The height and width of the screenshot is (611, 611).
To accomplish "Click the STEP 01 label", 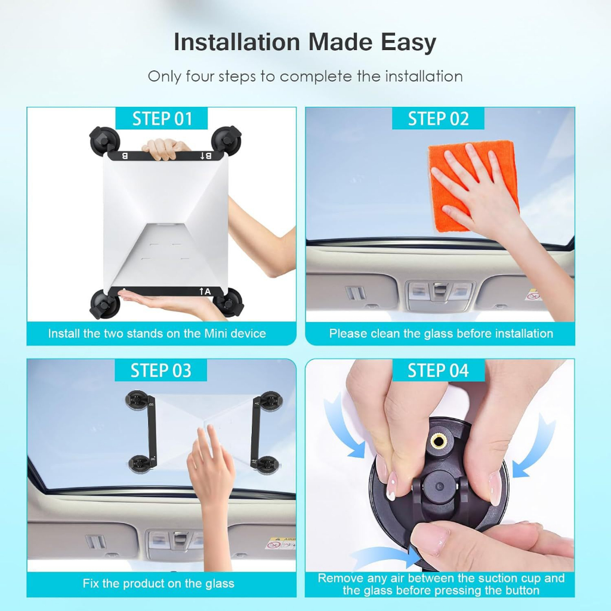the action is tap(162, 119).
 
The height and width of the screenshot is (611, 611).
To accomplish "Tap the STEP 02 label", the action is tap(438, 119).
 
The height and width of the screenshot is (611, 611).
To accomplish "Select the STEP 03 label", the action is tap(161, 370).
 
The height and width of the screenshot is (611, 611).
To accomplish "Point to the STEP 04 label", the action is tap(438, 370).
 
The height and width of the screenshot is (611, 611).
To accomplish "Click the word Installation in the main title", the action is tap(237, 42).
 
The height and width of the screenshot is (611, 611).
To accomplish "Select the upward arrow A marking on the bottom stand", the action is tap(205, 291).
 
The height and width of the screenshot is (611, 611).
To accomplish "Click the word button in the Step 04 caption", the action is tap(520, 590).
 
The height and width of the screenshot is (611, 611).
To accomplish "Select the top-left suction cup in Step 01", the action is tap(104, 141).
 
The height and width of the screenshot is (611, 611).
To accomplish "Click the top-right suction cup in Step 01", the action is tap(226, 140).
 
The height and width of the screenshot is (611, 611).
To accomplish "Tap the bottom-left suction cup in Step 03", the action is tap(139, 464).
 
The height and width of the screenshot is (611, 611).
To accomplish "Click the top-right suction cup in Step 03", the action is tap(271, 402).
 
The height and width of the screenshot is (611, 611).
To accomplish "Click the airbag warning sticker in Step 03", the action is tap(281, 543).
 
